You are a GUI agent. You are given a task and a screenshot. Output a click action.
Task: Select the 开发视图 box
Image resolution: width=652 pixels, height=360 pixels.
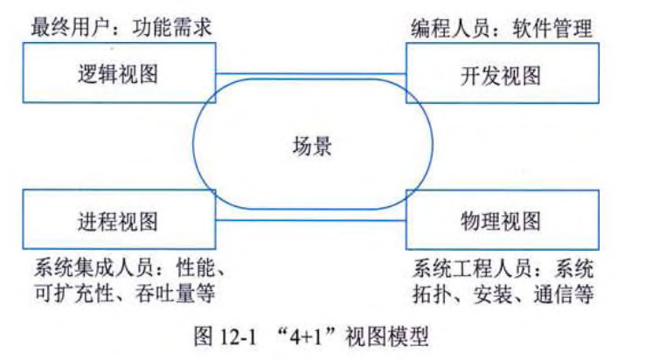[501, 74]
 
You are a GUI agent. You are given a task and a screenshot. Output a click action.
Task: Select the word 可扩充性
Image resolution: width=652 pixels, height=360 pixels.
[75, 291]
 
